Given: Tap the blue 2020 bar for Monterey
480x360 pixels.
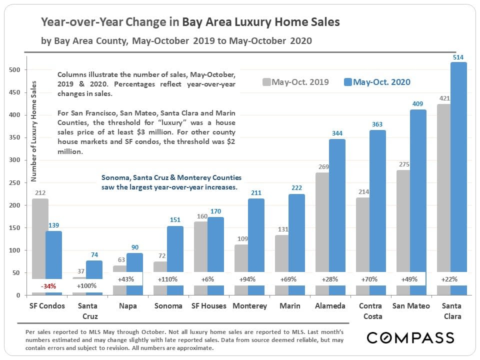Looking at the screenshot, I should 256,235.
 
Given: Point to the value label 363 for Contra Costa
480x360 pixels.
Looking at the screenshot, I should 378,125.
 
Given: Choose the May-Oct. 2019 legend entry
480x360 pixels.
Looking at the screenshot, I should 295,82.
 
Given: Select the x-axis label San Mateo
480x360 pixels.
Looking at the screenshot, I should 411,306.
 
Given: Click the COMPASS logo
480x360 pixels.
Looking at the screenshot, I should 410,337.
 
